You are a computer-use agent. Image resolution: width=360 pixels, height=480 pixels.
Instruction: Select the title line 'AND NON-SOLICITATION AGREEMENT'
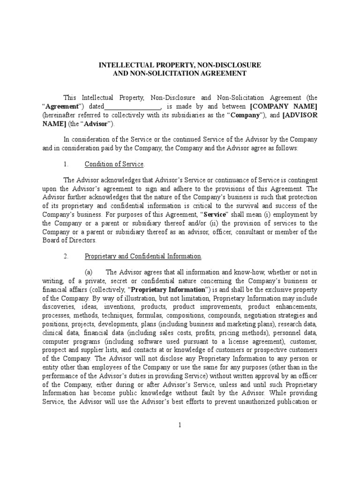click(x=180, y=73)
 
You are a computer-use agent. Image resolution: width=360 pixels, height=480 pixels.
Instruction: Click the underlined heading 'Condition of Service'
click(x=114, y=164)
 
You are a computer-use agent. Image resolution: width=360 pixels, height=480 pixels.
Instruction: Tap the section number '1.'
click(x=66, y=164)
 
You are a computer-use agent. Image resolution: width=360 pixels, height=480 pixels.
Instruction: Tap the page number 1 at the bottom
click(x=180, y=425)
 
